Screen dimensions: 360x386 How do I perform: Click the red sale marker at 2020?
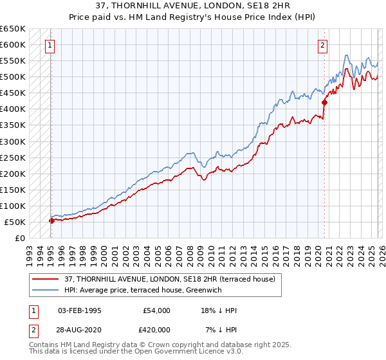point(324,102)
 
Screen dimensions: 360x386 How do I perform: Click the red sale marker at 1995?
point(51,220)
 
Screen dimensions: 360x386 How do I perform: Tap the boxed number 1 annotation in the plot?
point(50,46)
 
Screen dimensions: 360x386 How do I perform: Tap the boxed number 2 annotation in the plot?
point(322,46)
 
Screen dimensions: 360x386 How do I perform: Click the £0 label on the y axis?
point(20,238)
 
